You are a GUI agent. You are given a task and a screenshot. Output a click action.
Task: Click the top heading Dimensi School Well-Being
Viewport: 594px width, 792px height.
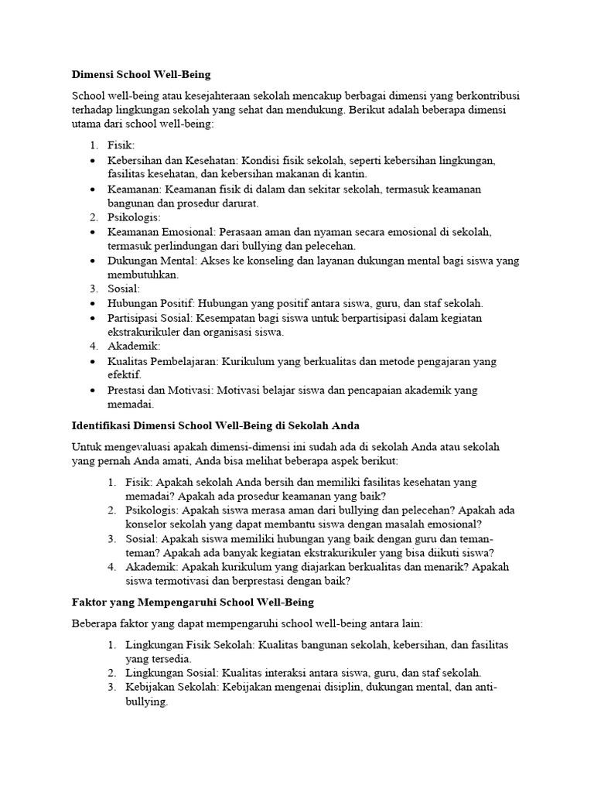pos(141,75)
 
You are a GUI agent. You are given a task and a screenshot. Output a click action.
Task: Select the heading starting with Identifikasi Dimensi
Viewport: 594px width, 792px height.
pos(216,425)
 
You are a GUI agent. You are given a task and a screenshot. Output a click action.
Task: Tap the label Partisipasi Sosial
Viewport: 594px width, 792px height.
pos(151,318)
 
